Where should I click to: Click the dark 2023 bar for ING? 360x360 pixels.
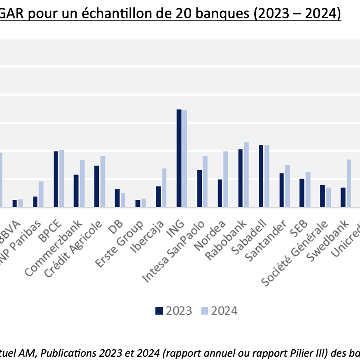pyautogui.click(x=179, y=158)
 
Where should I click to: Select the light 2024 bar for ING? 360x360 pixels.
pyautogui.click(x=185, y=159)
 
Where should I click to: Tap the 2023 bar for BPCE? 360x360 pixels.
pyautogui.click(x=56, y=179)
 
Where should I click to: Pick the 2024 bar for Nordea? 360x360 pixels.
pyautogui.click(x=225, y=179)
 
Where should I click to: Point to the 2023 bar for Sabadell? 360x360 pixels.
pyautogui.click(x=261, y=176)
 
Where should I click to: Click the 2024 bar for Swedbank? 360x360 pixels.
pyautogui.click(x=348, y=183)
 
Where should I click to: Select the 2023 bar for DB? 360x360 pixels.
pyautogui.click(x=117, y=198)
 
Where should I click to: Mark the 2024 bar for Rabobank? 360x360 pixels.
pyautogui.click(x=246, y=175)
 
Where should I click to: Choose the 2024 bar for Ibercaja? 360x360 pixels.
pyautogui.click(x=164, y=188)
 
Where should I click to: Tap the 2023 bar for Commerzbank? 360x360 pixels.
pyautogui.click(x=76, y=191)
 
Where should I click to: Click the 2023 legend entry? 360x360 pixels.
pyautogui.click(x=174, y=311)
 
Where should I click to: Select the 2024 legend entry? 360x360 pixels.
pyautogui.click(x=219, y=311)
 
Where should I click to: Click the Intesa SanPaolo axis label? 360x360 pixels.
pyautogui.click(x=173, y=251)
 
